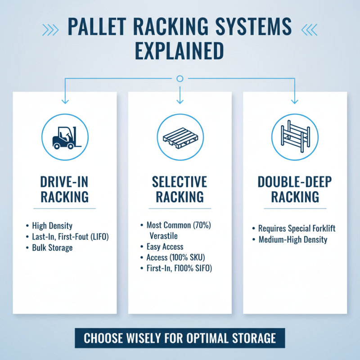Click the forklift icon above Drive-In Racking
(x=64, y=136)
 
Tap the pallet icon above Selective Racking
(x=180, y=136)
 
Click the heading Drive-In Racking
(x=64, y=189)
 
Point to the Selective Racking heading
(x=180, y=189)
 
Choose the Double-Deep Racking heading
(x=295, y=189)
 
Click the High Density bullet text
(x=52, y=225)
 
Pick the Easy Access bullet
(x=165, y=247)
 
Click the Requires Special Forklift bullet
(x=297, y=229)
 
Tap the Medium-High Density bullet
(x=292, y=239)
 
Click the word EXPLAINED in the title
(x=180, y=51)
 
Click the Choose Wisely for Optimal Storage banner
(x=180, y=337)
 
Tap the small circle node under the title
(x=180, y=79)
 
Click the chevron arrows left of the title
(x=50, y=28)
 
